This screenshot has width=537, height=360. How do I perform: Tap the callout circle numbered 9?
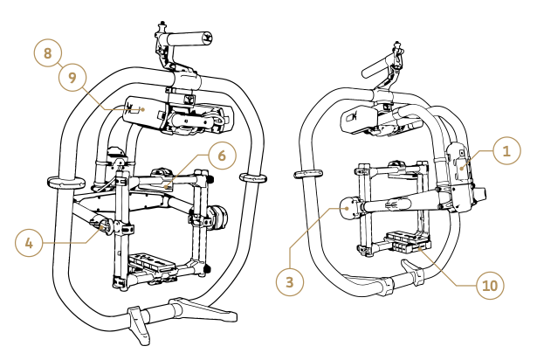72,77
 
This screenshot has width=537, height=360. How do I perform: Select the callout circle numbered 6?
221,156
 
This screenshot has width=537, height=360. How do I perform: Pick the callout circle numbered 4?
29,242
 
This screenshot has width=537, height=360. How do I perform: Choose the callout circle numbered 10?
491,285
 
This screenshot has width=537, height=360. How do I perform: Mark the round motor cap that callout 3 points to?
350,208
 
